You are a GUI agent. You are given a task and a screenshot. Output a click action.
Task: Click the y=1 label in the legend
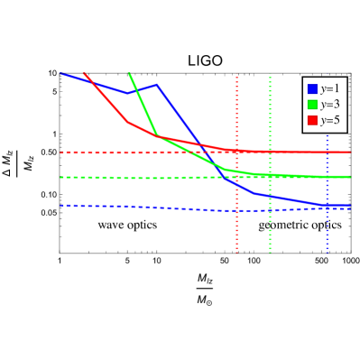point(329,88)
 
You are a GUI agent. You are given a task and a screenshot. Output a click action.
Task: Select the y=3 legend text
point(329,105)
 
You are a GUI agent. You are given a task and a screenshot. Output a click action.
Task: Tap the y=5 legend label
point(329,120)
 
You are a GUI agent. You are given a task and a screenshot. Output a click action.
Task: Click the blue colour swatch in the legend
point(312,88)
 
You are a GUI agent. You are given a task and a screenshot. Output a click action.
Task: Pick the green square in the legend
point(312,105)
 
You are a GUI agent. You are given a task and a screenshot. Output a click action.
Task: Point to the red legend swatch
point(312,120)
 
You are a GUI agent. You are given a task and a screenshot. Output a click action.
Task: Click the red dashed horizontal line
point(108,152)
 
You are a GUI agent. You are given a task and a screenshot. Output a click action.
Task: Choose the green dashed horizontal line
point(108,178)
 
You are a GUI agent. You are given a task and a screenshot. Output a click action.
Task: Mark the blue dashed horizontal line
point(108,206)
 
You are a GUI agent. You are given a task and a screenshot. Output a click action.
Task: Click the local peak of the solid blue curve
point(157,85)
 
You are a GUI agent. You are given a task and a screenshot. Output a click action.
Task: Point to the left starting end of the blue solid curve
point(61,74)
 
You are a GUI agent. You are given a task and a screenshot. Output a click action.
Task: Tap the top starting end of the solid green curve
point(130,73)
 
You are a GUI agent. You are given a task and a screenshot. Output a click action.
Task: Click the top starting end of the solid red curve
point(85,74)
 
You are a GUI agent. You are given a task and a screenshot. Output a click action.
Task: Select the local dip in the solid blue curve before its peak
point(129,93)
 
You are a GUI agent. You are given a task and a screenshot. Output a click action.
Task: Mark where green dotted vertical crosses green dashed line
point(270,176)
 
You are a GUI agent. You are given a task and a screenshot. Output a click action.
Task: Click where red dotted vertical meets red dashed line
point(237,152)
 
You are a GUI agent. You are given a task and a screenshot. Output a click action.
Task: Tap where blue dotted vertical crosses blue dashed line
point(327,208)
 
